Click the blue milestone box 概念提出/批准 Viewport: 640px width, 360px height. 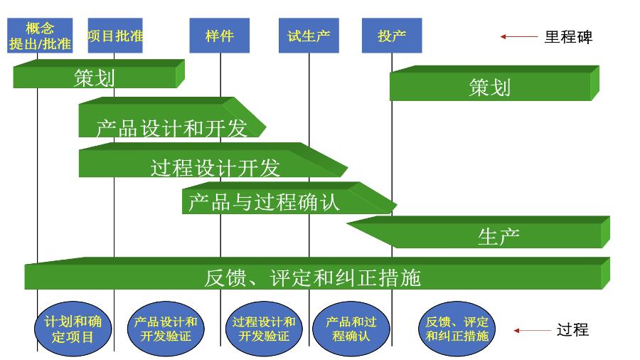tap(40, 36)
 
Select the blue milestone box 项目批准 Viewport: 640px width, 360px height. tap(115, 36)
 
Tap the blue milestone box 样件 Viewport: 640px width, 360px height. tap(219, 36)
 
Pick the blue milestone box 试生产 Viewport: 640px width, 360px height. tap(309, 36)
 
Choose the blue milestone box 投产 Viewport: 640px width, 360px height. tap(392, 36)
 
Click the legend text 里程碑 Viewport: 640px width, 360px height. tap(568, 37)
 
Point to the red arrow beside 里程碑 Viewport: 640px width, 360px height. tap(518, 36)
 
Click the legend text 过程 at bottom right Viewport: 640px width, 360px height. tap(572, 330)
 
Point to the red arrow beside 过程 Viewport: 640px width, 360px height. tap(532, 330)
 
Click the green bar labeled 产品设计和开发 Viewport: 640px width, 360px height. tap(171, 122)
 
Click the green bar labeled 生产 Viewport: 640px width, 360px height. tap(498, 235)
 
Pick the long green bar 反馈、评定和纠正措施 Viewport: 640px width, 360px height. tap(313, 276)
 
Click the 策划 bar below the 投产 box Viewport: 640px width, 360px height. tap(491, 87)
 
